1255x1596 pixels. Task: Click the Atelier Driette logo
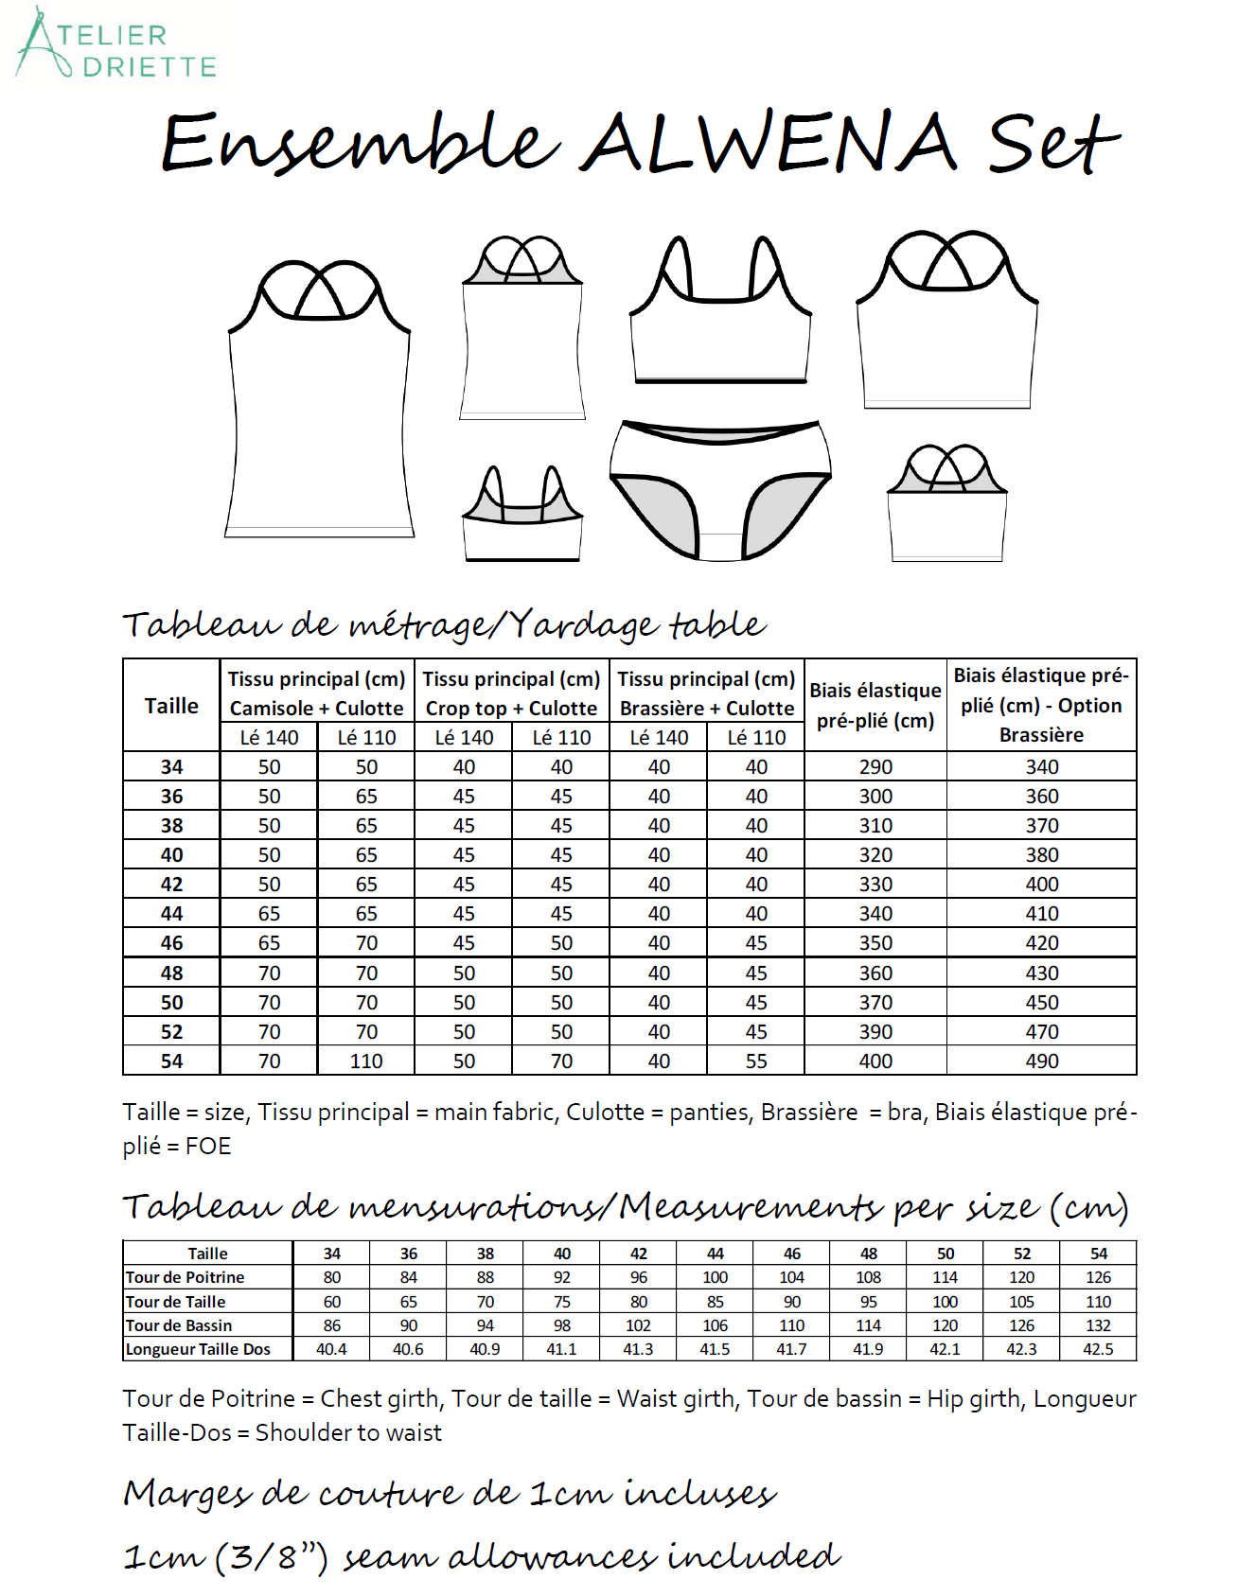click(x=115, y=45)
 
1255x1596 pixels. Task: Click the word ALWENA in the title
click(x=769, y=144)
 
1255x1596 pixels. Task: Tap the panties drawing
click(x=720, y=490)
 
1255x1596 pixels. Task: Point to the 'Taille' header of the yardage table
click(x=171, y=706)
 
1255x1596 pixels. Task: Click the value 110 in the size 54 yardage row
click(x=366, y=1061)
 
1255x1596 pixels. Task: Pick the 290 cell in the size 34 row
click(x=875, y=767)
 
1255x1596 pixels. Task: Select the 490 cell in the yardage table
click(x=1041, y=1061)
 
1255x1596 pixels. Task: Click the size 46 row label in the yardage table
click(x=171, y=943)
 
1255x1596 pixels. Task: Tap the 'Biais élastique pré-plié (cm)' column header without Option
click(x=875, y=706)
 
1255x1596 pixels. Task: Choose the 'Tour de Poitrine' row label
click(x=186, y=1277)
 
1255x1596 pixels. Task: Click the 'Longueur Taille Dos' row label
click(x=198, y=1349)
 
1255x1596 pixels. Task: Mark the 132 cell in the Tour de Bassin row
click(x=1098, y=1325)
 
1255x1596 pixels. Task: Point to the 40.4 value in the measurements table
click(x=331, y=1349)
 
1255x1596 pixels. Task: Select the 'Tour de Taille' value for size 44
click(x=716, y=1302)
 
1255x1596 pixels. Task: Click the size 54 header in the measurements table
click(x=1098, y=1254)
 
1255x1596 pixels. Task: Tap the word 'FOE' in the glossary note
click(x=208, y=1147)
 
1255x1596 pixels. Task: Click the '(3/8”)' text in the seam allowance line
click(x=272, y=1556)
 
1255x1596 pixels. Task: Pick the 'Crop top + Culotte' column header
click(x=511, y=709)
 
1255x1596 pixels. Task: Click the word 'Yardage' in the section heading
click(x=583, y=624)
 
